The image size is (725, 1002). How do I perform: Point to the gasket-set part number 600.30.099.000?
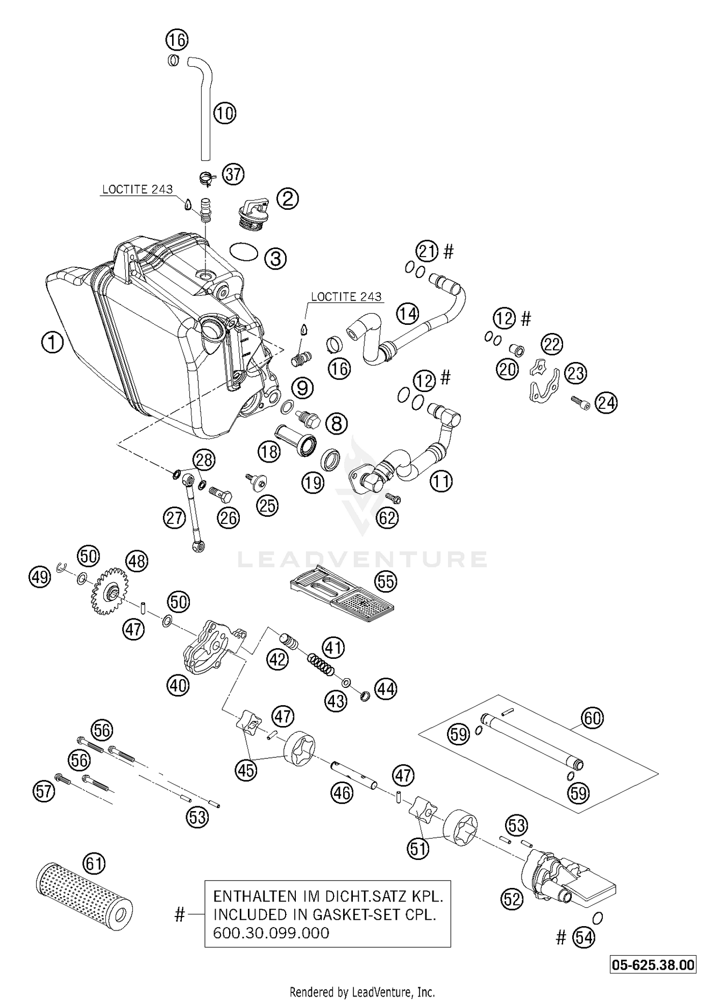271,933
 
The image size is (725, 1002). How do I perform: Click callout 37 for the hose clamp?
233,174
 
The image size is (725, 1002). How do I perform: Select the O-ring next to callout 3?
244,252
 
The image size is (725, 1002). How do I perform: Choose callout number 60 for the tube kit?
593,718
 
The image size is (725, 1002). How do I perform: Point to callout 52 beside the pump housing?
512,900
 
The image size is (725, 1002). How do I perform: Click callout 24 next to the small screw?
606,403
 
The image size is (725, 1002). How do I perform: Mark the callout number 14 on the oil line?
407,315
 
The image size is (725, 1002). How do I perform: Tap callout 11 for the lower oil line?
440,481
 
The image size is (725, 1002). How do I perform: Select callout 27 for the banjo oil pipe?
174,519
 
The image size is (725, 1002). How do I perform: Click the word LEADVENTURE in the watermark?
362,559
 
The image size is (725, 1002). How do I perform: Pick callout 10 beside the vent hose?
224,114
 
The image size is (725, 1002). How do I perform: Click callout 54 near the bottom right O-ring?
583,938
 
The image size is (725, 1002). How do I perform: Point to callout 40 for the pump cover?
178,685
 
